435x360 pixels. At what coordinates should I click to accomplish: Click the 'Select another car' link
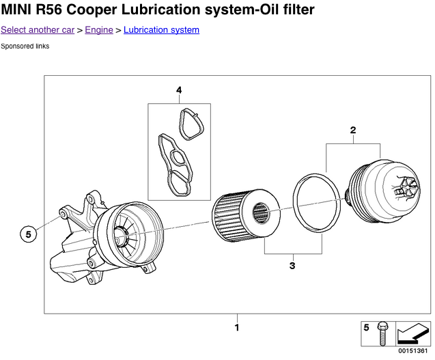point(38,30)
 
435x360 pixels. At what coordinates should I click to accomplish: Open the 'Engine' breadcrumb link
point(99,30)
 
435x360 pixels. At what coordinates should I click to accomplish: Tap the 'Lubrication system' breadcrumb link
point(161,30)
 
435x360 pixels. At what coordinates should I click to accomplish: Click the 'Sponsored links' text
point(25,46)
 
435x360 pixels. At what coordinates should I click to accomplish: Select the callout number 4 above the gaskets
point(179,90)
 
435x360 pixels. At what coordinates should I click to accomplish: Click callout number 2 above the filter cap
point(353,130)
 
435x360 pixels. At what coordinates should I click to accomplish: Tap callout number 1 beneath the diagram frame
point(237,327)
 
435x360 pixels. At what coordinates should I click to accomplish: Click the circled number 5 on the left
point(29,234)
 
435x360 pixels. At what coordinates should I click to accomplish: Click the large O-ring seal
point(318,204)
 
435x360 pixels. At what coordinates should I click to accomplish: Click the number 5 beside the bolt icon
point(367,328)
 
